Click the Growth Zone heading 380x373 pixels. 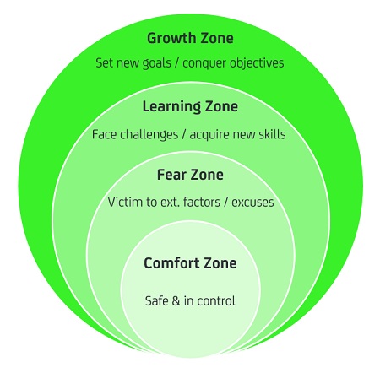pos(190,38)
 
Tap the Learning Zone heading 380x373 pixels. pos(190,107)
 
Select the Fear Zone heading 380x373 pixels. pos(190,175)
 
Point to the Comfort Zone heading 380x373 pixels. pos(190,263)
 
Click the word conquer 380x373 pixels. pos(204,63)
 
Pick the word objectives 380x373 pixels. pos(257,63)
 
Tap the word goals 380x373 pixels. pos(157,63)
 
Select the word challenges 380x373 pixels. pos(149,135)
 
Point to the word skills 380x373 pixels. pos(273,134)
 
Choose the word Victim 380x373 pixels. pos(125,203)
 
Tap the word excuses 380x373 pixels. pos(252,203)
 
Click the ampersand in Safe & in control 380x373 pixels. pos(176,301)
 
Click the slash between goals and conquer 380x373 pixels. pos(176,63)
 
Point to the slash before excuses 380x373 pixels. pos(226,203)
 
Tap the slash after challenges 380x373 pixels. pos(184,135)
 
